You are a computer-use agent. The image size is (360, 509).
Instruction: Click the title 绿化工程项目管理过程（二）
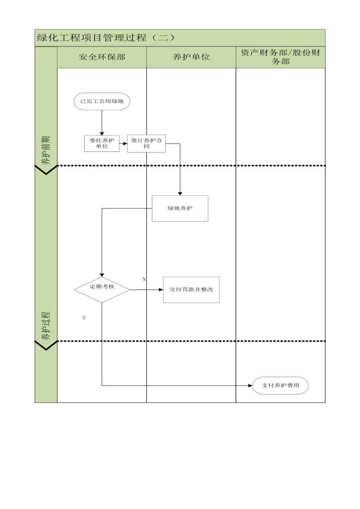point(106,38)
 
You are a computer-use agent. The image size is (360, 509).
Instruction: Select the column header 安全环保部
point(102,57)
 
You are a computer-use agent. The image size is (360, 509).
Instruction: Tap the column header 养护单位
point(191,57)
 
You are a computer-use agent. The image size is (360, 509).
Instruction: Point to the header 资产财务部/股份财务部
point(281,57)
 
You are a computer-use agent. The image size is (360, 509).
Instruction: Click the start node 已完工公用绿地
point(102,101)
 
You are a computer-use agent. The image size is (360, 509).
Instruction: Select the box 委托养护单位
point(102,144)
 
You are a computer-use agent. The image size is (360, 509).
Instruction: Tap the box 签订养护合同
point(146,144)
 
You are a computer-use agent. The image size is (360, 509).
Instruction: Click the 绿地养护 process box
point(180,209)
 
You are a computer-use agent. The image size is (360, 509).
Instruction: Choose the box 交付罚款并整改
point(191,290)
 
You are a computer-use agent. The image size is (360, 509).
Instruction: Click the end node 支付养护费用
point(281,386)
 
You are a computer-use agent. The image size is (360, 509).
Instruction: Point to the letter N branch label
point(144,279)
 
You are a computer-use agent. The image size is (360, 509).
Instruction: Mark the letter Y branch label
point(84,318)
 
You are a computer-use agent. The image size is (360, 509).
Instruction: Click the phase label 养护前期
point(46,150)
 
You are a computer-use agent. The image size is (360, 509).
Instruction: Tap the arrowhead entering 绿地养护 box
point(180,193)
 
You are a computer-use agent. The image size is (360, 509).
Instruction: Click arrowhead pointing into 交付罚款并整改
point(161,290)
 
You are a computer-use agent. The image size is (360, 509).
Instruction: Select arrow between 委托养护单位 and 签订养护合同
point(124,144)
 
